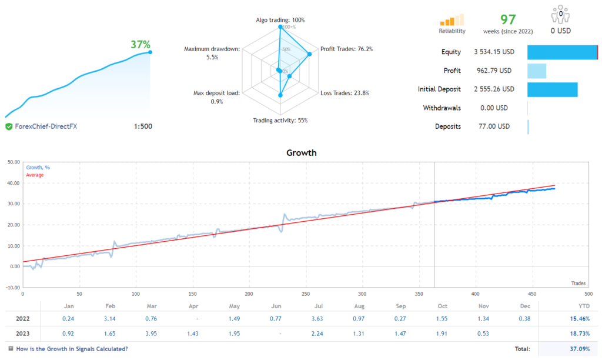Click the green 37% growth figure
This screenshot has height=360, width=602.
(x=141, y=44)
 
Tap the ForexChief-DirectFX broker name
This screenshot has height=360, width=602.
(x=45, y=126)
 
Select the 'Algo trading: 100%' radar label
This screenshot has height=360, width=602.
(x=280, y=20)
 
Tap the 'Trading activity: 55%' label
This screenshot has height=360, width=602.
(x=280, y=121)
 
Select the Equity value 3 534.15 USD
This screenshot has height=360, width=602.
(x=494, y=52)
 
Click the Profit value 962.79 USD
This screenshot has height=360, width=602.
(x=494, y=71)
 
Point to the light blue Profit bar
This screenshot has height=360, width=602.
(x=537, y=71)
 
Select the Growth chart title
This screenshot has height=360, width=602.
(x=301, y=153)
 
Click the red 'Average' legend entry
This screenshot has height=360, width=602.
(x=34, y=175)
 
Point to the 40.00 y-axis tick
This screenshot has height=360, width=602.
(x=12, y=183)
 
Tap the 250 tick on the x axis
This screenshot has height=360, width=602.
(x=306, y=294)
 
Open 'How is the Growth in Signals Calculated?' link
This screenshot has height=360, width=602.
(x=71, y=349)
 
